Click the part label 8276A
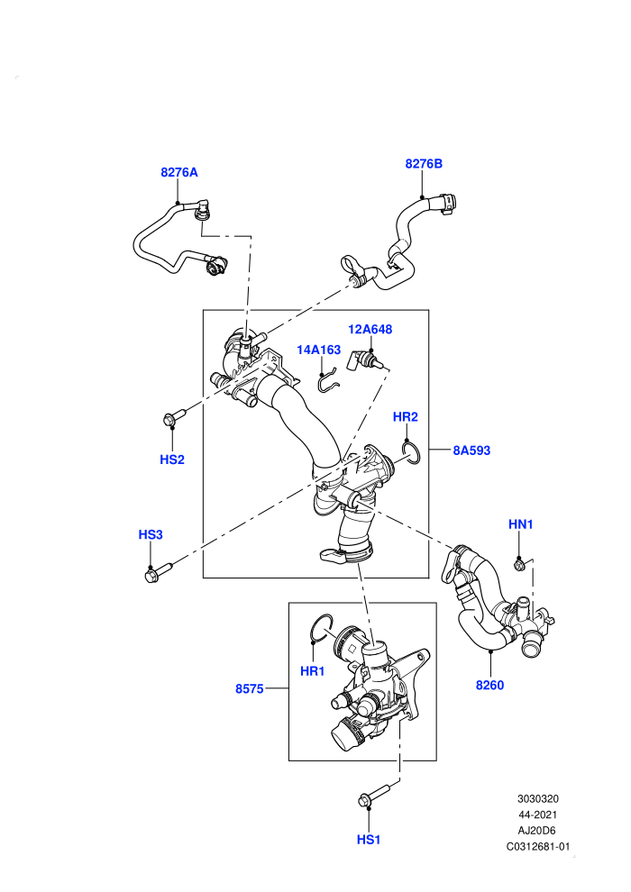179,172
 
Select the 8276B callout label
424,164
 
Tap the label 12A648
370,330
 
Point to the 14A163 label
318,350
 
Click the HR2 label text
405,417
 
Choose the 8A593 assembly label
471,451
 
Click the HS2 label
172,460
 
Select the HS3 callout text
151,534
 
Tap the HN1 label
520,524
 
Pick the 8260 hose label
489,686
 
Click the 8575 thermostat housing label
249,689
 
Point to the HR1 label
313,671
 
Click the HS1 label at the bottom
368,840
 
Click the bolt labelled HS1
373,795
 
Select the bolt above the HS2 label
175,417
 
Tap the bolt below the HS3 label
158,572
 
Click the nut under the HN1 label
519,565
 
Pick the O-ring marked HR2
411,453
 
